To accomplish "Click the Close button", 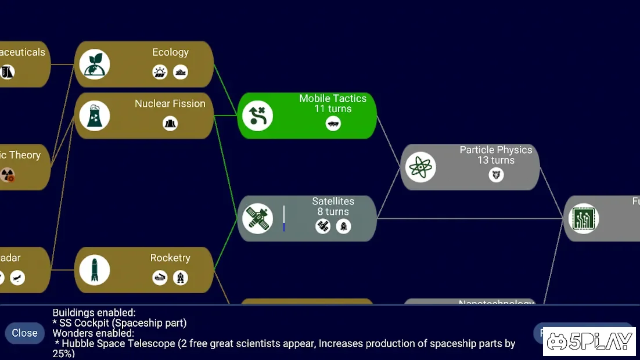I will (24, 333).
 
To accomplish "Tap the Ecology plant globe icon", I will (95, 64).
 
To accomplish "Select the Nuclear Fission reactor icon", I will (95, 116).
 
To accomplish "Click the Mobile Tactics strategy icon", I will (258, 116).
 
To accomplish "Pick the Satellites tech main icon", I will (258, 218).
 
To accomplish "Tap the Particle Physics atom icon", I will (420, 167).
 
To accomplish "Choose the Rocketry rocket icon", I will (95, 270).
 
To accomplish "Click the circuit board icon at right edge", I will (583, 219).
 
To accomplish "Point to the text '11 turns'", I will (333, 109).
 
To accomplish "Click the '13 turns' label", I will (495, 160).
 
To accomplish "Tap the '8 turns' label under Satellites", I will (333, 211).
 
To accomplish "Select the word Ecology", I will (170, 52).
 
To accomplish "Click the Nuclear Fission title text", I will (170, 103).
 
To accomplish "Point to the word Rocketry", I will (170, 258).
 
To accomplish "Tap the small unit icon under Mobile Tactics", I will (333, 123).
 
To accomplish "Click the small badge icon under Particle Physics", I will (496, 174).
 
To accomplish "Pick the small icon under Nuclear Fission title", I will (170, 123).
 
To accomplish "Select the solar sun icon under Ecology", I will (160, 72).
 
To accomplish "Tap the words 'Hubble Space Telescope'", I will (118, 343).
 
